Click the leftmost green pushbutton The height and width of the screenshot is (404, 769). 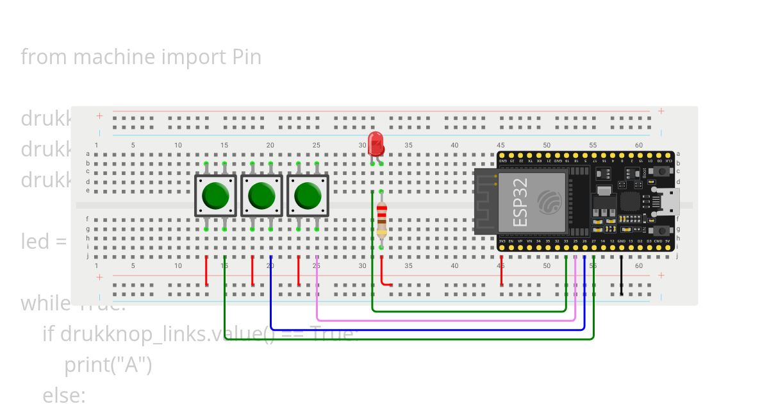pos(215,196)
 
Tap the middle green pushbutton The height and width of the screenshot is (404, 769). pos(261,196)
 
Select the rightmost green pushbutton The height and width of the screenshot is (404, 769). pos(308,196)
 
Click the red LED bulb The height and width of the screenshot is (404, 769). pos(376,142)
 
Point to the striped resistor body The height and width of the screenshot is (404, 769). pos(382,219)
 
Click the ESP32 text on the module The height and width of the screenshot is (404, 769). pos(521,202)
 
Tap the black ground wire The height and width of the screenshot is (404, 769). pos(621,276)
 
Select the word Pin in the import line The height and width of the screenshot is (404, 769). pos(247,57)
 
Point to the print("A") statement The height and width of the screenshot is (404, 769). pos(108,365)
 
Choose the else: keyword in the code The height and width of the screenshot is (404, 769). pos(64,396)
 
